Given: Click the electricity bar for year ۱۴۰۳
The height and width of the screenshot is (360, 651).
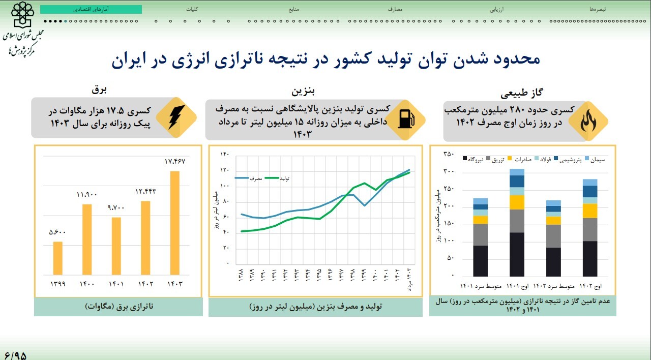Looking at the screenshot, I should (174, 222).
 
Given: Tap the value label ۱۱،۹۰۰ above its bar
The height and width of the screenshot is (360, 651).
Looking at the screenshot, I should (87, 195).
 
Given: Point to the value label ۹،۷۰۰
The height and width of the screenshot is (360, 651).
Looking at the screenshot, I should (116, 208).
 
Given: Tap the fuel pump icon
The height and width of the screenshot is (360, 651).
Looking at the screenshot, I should (405, 118).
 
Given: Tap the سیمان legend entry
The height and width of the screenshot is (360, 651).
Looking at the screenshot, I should (595, 160).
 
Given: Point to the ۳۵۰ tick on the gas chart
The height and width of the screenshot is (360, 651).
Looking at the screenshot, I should (448, 154).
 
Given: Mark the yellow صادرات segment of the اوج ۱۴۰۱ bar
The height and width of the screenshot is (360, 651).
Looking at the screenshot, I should (517, 202).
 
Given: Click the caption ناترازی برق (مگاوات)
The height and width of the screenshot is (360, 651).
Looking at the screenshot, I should (119, 307).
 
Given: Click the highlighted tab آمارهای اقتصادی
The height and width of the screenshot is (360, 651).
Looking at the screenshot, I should (91, 10).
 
